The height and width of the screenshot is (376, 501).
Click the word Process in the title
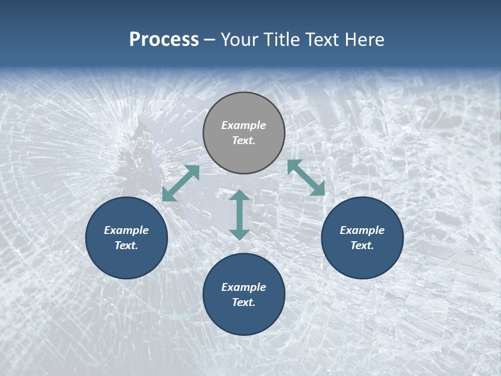(x=164, y=40)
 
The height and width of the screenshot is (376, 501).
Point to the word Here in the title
(x=365, y=40)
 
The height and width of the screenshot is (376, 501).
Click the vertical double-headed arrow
(x=239, y=215)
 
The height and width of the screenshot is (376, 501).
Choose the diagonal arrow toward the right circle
(x=306, y=178)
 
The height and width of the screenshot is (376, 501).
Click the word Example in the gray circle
(x=244, y=125)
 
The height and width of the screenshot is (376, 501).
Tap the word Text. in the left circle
(x=126, y=245)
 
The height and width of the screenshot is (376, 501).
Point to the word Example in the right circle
(x=362, y=230)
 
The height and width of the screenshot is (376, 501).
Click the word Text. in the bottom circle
(x=244, y=302)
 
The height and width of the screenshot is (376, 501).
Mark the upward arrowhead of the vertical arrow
(x=239, y=196)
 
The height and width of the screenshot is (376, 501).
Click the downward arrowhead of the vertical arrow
(x=239, y=234)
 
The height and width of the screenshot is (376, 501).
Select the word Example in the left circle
(x=126, y=230)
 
